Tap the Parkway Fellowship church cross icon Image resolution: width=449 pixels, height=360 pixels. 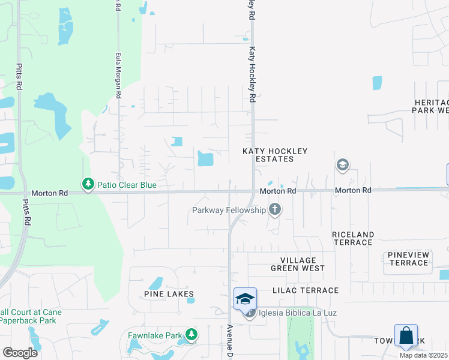(x=275, y=209)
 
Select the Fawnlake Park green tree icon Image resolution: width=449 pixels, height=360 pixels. (x=191, y=334)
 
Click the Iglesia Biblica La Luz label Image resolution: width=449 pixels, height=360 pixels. (x=298, y=313)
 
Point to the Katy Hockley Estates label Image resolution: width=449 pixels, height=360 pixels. (x=275, y=155)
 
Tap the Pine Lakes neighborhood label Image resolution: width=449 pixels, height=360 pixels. (x=169, y=294)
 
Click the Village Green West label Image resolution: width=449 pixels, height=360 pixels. (x=298, y=264)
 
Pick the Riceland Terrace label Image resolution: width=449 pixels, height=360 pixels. (x=353, y=238)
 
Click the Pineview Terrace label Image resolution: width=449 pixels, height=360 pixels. (x=408, y=259)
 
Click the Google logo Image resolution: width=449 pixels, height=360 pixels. (x=20, y=353)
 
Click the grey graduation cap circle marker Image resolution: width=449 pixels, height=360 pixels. (x=343, y=165)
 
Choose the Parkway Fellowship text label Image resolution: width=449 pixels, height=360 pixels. (x=229, y=210)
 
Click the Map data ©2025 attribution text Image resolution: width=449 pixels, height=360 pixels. (x=424, y=355)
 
